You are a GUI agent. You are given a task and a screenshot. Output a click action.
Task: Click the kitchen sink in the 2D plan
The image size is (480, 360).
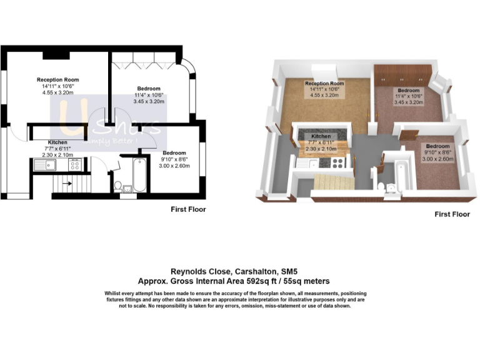click(44, 165)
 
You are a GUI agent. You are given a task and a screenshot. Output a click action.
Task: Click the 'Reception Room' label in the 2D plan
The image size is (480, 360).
click(58, 79)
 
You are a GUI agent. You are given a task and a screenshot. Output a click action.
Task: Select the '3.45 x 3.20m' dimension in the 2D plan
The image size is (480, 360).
click(148, 101)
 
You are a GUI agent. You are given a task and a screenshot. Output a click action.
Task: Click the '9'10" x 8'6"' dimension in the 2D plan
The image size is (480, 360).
click(173, 159)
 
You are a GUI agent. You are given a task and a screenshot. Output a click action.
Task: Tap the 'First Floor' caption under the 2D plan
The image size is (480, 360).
click(188, 209)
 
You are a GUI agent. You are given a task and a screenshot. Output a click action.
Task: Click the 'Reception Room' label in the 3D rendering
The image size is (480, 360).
click(324, 83)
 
